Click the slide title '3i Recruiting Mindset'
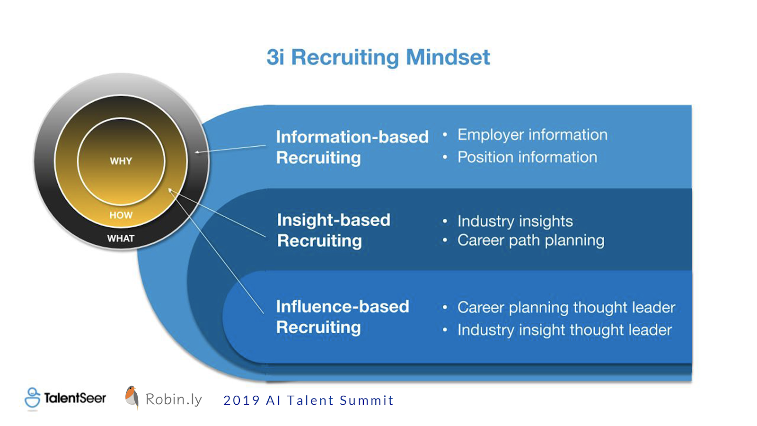pyautogui.click(x=378, y=57)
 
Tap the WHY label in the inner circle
pyautogui.click(x=121, y=161)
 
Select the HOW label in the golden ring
pyautogui.click(x=121, y=215)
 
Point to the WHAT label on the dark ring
pyautogui.click(x=121, y=239)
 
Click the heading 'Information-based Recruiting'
pyautogui.click(x=352, y=147)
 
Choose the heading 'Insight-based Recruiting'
pyautogui.click(x=334, y=230)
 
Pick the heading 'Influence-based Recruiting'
pyautogui.click(x=343, y=317)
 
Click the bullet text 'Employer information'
pyautogui.click(x=532, y=135)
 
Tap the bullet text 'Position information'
pyautogui.click(x=527, y=157)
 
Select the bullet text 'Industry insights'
pyautogui.click(x=515, y=222)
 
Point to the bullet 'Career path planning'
pyautogui.click(x=530, y=241)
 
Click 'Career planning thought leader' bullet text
pyautogui.click(x=566, y=308)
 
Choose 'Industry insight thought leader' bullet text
pyautogui.click(x=564, y=330)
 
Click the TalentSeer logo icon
pyautogui.click(x=33, y=398)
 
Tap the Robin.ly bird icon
pyautogui.click(x=132, y=397)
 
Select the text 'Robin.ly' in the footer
pyautogui.click(x=174, y=399)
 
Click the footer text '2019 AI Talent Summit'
pyautogui.click(x=308, y=400)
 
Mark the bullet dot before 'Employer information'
pyautogui.click(x=445, y=135)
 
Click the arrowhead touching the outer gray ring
pyautogui.click(x=197, y=152)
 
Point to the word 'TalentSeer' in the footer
pyautogui.click(x=75, y=398)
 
